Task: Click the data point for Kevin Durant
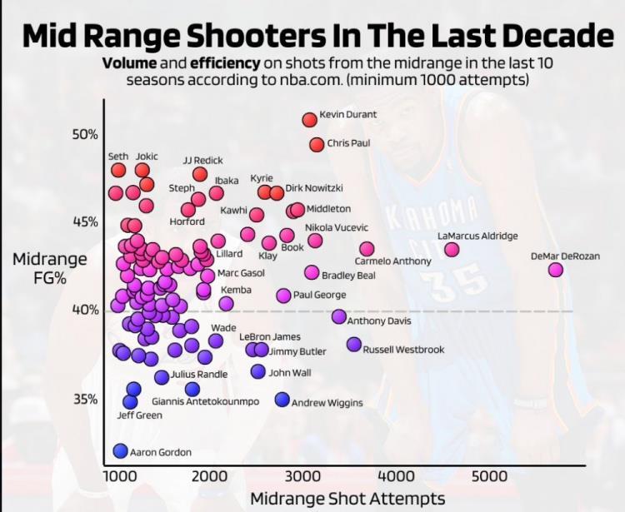pyautogui.click(x=309, y=120)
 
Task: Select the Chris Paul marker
pyautogui.click(x=317, y=144)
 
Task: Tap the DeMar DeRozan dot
pyautogui.click(x=556, y=270)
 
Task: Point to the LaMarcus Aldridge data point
pyautogui.click(x=452, y=250)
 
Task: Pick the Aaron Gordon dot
pyautogui.click(x=120, y=451)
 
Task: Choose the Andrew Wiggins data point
pyautogui.click(x=282, y=400)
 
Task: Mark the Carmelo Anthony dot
pyautogui.click(x=367, y=249)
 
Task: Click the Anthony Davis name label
pyautogui.click(x=379, y=321)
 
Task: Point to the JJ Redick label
pyautogui.click(x=203, y=160)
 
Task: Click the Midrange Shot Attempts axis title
pyautogui.click(x=347, y=498)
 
